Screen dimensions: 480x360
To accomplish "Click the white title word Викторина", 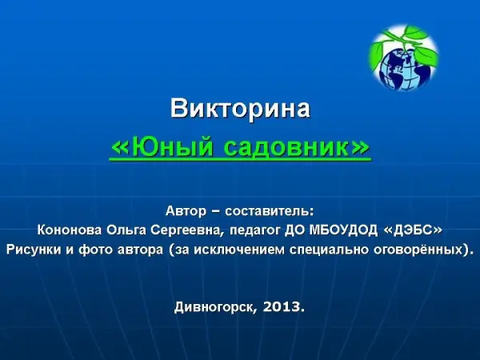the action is pos(240,108).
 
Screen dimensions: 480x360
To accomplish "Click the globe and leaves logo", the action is pos(404,58).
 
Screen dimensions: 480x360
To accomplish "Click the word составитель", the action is pos(270,211).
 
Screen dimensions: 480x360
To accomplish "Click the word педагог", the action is pos(254,231).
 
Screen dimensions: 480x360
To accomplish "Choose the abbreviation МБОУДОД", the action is pos(343,230).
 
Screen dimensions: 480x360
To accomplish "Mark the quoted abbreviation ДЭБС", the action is pos(414,230).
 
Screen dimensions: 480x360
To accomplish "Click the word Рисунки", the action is pos(34,250).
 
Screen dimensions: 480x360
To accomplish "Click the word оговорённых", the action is pos(418,250).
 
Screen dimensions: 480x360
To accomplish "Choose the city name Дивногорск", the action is pos(214,307).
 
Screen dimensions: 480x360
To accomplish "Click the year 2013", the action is pos(281,306).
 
